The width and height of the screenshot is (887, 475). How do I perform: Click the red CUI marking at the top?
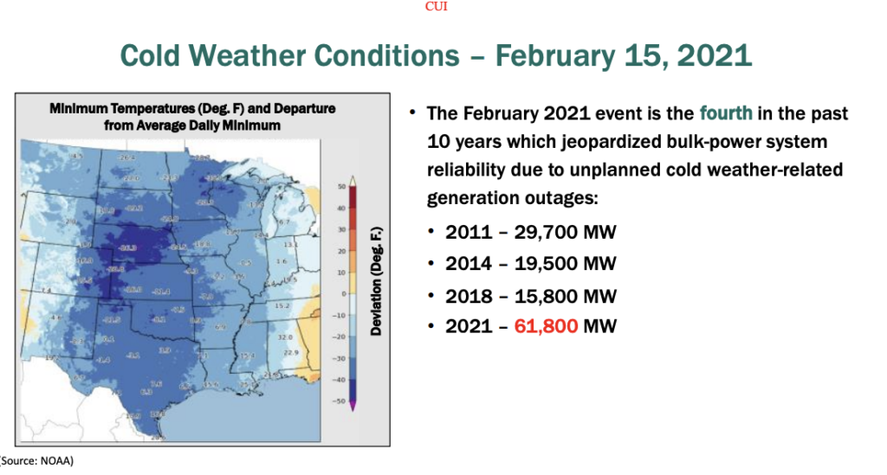pyautogui.click(x=437, y=7)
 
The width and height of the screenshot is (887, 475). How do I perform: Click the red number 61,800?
pyautogui.click(x=547, y=326)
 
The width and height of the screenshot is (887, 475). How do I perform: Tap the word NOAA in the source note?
pyautogui.click(x=55, y=461)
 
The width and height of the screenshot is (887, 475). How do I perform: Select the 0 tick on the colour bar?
pyautogui.click(x=343, y=294)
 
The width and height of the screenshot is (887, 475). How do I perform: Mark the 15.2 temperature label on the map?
pyautogui.click(x=282, y=306)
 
